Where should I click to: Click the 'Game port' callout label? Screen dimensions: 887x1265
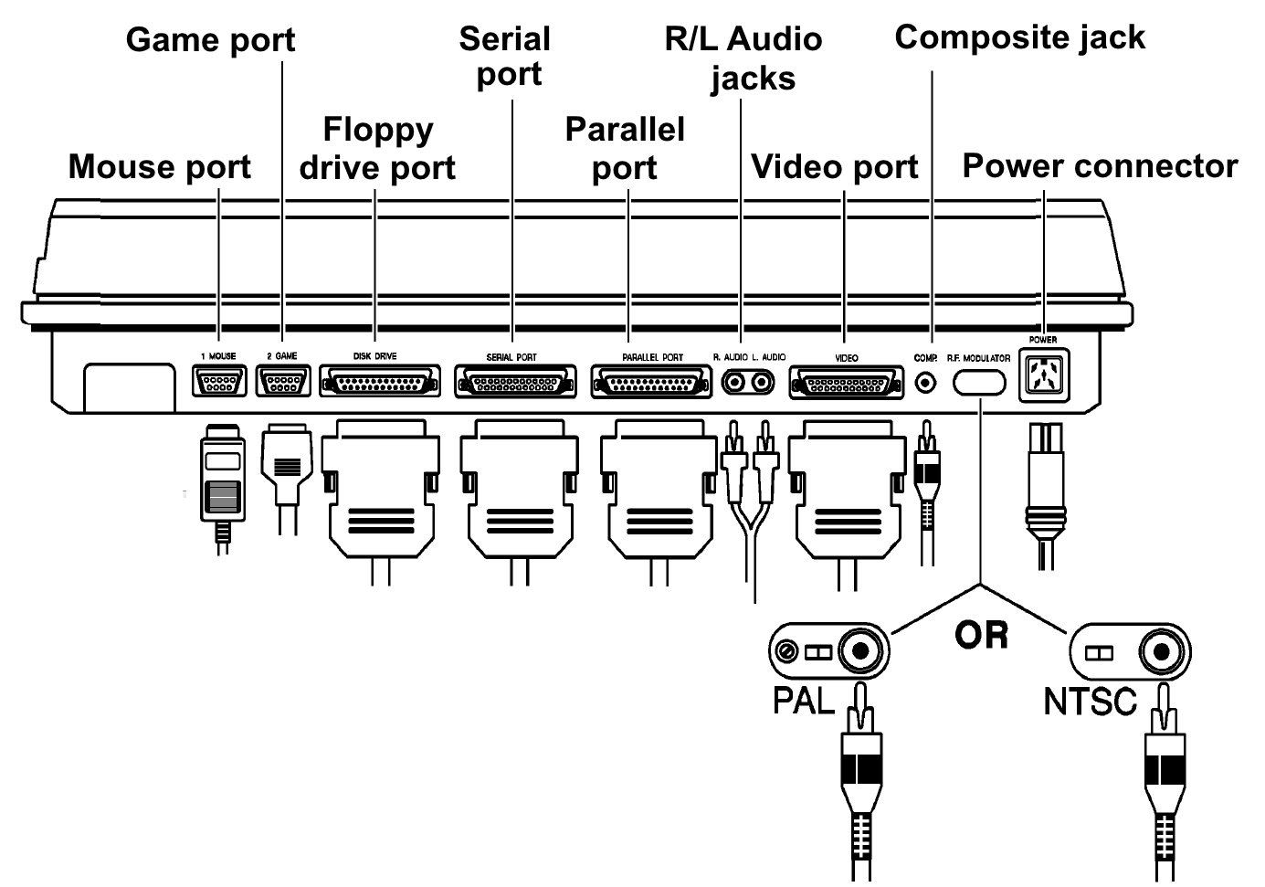(210, 40)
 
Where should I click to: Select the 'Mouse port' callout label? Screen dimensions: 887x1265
(159, 167)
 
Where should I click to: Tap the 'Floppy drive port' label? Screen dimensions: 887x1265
(377, 149)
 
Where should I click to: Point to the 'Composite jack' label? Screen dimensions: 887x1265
(1019, 37)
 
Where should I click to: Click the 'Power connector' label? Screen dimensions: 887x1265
(1100, 166)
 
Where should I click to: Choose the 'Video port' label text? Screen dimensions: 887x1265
(834, 167)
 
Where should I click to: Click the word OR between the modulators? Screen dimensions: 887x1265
(981, 635)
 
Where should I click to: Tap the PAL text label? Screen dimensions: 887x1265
(804, 701)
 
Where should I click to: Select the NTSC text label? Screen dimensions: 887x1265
(1090, 702)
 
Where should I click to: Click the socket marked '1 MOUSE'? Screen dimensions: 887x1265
(219, 381)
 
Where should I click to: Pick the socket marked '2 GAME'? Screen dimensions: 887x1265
(283, 381)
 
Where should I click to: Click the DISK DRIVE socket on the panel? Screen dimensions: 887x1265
(379, 381)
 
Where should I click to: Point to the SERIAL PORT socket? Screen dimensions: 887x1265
(515, 381)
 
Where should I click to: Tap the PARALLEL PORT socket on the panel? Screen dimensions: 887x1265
(651, 382)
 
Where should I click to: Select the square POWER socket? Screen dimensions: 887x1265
(1044, 375)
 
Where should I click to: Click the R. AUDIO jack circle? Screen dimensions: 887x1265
(734, 382)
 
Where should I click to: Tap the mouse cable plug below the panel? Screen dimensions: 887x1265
(223, 484)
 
